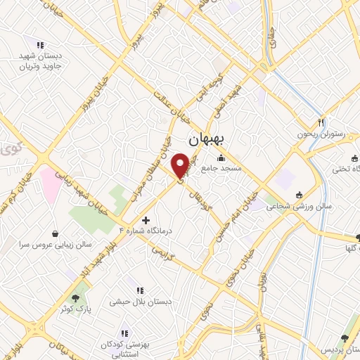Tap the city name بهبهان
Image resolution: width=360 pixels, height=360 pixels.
tap(203, 140)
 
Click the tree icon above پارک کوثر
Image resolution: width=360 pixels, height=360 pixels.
tap(75, 299)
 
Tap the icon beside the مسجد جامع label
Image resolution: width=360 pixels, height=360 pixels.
tap(222, 157)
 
